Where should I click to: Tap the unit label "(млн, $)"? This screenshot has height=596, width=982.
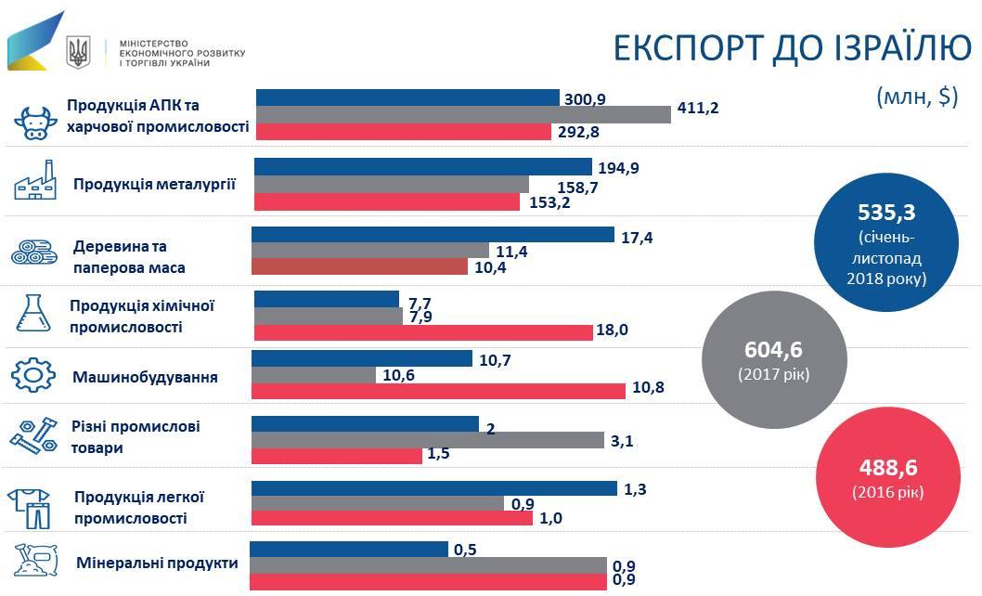tap(916, 97)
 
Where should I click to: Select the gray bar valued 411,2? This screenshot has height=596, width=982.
tap(463, 114)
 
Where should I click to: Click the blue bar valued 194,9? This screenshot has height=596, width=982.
tap(423, 167)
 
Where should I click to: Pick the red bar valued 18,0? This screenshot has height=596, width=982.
tap(422, 332)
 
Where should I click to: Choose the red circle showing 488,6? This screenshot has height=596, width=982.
tap(887, 474)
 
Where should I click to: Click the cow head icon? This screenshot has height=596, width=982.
tap(36, 122)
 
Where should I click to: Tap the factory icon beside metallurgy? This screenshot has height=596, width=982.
tap(36, 183)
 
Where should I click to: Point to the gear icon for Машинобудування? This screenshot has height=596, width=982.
tap(36, 375)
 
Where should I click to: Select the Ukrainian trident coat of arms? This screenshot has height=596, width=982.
tap(80, 52)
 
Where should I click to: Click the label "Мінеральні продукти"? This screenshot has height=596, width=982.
tap(157, 563)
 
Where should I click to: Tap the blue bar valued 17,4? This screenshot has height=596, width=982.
tap(433, 234)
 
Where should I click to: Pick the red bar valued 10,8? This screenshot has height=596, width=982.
tap(438, 391)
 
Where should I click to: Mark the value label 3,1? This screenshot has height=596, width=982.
tap(622, 441)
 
